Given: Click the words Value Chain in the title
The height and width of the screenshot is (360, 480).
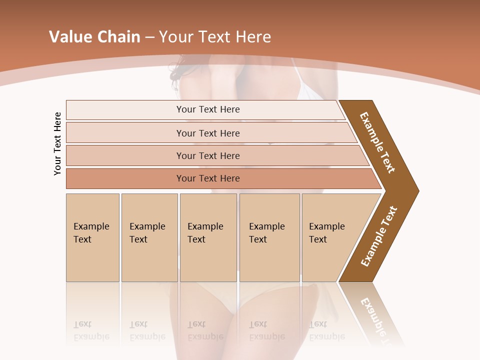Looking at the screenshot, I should tap(94, 37).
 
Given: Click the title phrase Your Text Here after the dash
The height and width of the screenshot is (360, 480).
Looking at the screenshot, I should tap(215, 37).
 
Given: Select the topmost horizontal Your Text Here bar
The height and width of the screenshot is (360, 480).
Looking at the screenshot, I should tap(208, 109).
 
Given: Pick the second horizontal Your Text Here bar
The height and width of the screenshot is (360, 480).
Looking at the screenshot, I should tap(208, 133).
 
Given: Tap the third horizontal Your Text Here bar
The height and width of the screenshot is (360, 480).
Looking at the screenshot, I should tap(208, 155).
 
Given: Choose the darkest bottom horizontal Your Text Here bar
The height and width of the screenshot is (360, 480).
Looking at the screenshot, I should tap(208, 178).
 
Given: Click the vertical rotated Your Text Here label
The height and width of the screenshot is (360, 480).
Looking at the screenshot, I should tap(57, 143).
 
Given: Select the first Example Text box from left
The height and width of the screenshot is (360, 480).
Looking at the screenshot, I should tap(92, 237).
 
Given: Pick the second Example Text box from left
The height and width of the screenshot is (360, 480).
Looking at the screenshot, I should tap(149, 237).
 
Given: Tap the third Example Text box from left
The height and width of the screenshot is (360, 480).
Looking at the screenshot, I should tap(208, 237).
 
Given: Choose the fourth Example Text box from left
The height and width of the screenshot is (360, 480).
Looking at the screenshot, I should tap(269, 237).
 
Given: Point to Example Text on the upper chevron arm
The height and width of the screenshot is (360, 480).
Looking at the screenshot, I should tap(377, 142).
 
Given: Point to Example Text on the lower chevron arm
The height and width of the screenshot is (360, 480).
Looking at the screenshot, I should tap(379, 236).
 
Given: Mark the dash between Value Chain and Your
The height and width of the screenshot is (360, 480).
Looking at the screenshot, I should tap(149, 37).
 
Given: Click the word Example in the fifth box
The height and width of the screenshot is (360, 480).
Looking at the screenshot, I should tap(327, 226).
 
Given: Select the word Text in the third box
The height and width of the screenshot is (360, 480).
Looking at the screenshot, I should tap(196, 239).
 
